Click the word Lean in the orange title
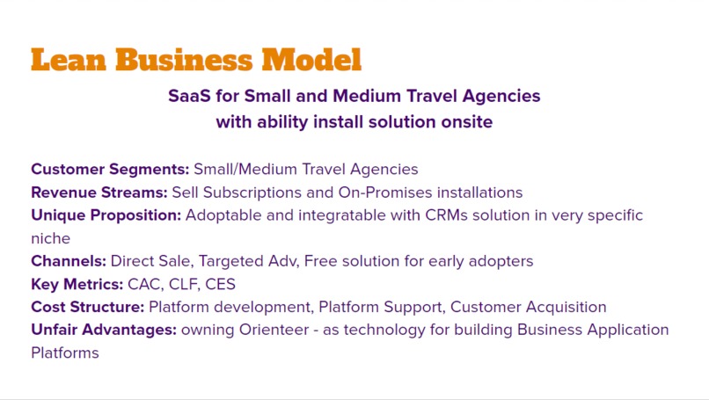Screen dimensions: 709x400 (x=69, y=60)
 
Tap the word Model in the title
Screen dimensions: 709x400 (x=311, y=60)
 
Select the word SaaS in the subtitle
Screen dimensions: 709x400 (x=189, y=96)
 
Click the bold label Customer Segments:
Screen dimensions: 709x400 (x=110, y=169)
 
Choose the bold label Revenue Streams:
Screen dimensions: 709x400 (x=99, y=193)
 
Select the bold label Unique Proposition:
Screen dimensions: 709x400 (x=106, y=215)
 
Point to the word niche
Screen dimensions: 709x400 (x=51, y=238)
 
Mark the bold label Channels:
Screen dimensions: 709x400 (x=69, y=261)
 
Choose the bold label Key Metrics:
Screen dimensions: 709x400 (x=77, y=284)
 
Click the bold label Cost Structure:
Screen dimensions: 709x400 (x=87, y=307)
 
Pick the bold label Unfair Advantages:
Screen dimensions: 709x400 (x=104, y=330)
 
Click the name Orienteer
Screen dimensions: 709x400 (x=274, y=330)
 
